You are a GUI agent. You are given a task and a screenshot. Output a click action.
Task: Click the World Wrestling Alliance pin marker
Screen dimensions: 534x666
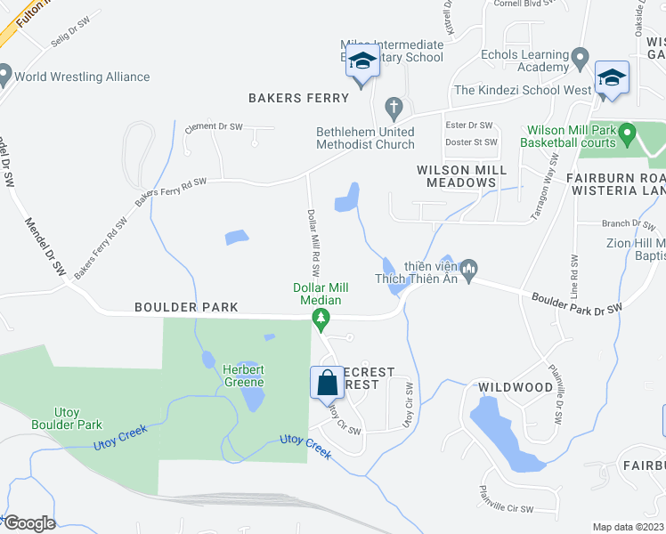tap(4, 75)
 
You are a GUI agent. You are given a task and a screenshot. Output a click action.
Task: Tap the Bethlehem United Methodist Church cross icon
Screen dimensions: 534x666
tap(394, 109)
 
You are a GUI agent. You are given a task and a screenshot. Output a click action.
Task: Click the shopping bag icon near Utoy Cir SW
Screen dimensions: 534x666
tap(327, 383)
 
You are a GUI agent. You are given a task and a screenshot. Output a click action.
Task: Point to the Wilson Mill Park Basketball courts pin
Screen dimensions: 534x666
tap(628, 134)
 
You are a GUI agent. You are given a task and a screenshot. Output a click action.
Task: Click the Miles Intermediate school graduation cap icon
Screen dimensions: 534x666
tap(362, 61)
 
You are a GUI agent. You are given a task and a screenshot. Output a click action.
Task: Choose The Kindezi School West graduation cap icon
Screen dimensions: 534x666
tap(612, 78)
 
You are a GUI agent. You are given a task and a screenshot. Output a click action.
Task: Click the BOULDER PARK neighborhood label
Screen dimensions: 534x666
tap(186, 307)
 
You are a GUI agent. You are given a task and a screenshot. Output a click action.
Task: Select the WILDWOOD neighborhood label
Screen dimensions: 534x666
tap(516, 387)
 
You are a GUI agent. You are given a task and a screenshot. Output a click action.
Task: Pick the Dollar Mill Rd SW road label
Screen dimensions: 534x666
tap(313, 243)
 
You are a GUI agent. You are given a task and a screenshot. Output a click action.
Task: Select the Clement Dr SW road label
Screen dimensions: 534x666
tap(214, 127)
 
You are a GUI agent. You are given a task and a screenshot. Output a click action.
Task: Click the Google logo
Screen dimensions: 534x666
tap(29, 523)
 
